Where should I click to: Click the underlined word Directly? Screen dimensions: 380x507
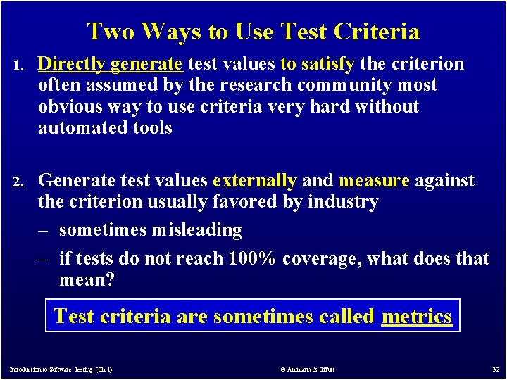pyautogui.click(x=71, y=64)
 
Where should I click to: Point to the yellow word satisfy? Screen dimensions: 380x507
pyautogui.click(x=327, y=64)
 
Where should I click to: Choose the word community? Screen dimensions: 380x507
pyautogui.click(x=355, y=85)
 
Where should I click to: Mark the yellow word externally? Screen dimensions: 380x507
pyautogui.click(x=254, y=181)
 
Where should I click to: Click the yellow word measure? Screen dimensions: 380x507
pyautogui.click(x=374, y=181)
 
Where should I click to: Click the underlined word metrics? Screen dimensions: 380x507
pyautogui.click(x=416, y=316)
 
